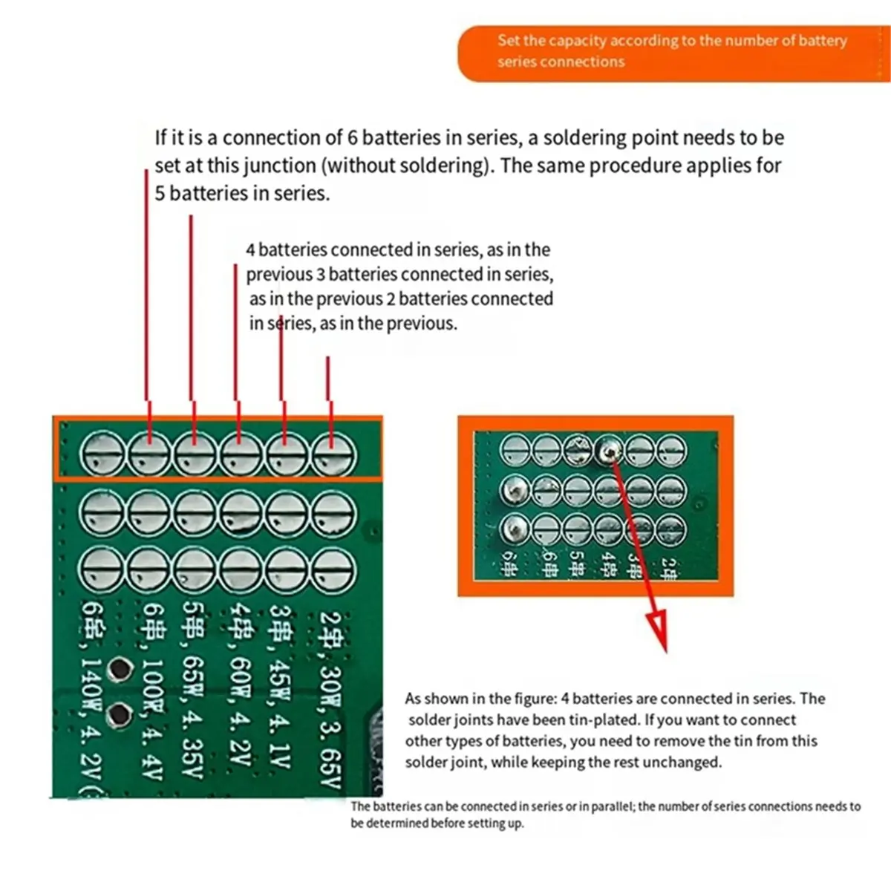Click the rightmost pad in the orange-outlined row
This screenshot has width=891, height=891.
tap(333, 454)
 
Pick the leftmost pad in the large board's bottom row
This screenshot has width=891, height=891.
tap(101, 569)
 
